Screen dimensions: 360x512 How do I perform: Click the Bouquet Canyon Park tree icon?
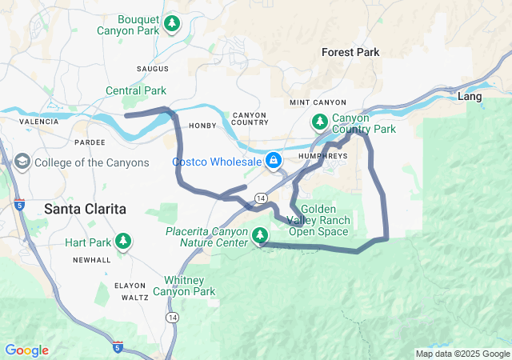(171, 25)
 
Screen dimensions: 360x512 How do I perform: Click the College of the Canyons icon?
(22, 162)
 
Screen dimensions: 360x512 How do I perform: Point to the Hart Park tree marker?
(122, 241)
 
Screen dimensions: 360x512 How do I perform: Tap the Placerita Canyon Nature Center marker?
(259, 235)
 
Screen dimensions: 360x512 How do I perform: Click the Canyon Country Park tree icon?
(319, 122)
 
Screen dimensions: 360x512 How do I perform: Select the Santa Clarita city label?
(85, 208)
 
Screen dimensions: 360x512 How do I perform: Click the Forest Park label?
(350, 52)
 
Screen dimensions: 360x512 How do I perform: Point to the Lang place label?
(469, 96)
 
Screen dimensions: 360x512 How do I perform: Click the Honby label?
(203, 125)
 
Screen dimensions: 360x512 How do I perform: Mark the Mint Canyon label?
(318, 102)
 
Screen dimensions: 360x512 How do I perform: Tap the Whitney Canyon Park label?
(190, 286)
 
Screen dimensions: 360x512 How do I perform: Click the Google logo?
(27, 350)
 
